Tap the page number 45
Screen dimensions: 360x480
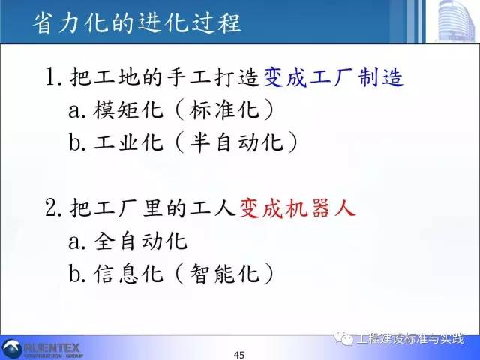click(240, 354)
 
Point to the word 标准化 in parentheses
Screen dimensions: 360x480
click(224, 110)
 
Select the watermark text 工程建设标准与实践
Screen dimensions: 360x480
click(412, 339)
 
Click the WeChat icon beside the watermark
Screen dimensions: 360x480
click(349, 339)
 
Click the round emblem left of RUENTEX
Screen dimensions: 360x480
click(13, 347)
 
